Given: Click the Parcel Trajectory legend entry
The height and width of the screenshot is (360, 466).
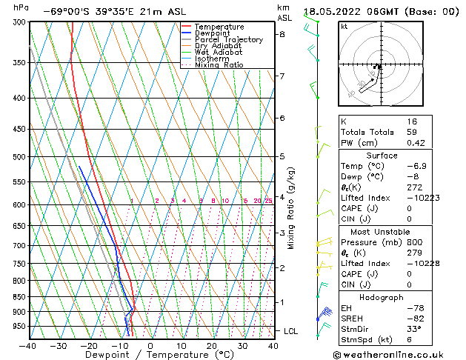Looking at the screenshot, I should click(x=228, y=40).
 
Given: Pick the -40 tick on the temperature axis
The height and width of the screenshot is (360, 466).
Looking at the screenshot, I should click(x=28, y=345).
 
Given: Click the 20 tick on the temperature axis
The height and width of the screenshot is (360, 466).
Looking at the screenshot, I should click(x=212, y=345).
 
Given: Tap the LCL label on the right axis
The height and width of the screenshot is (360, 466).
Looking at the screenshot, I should click(x=291, y=331).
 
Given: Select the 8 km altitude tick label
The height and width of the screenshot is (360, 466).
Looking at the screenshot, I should click(x=282, y=34).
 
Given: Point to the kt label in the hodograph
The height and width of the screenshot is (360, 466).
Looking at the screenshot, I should click(x=344, y=26).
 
